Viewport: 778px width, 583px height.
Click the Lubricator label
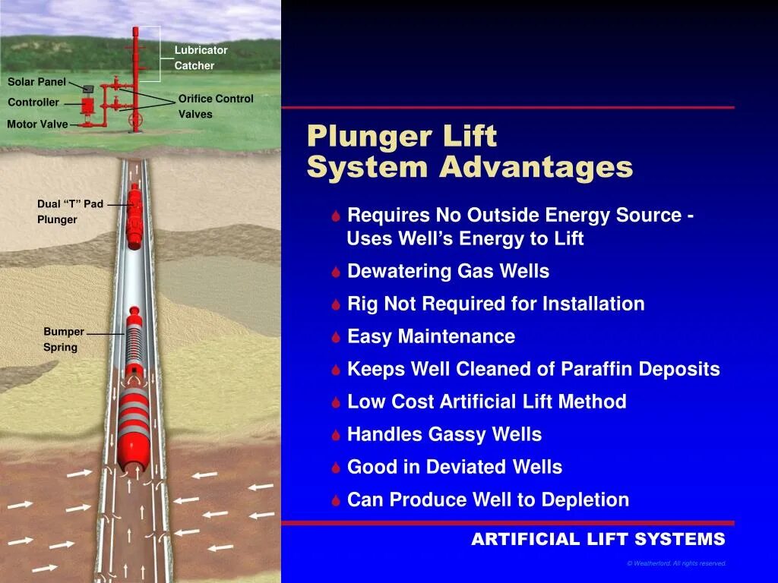(x=201, y=50)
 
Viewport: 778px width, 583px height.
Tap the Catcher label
(x=194, y=66)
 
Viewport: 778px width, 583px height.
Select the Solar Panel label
(x=36, y=82)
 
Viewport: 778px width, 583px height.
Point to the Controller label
(x=33, y=102)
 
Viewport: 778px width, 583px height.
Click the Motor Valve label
(x=37, y=124)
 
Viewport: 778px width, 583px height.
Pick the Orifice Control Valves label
(x=216, y=106)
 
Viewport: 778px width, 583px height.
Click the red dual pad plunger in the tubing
(x=135, y=217)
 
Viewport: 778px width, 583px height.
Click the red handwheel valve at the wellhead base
(x=136, y=121)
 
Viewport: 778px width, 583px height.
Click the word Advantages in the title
(x=536, y=168)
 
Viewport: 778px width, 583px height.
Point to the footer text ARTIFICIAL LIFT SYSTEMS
(x=598, y=540)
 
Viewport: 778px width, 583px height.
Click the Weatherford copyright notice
(x=676, y=563)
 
